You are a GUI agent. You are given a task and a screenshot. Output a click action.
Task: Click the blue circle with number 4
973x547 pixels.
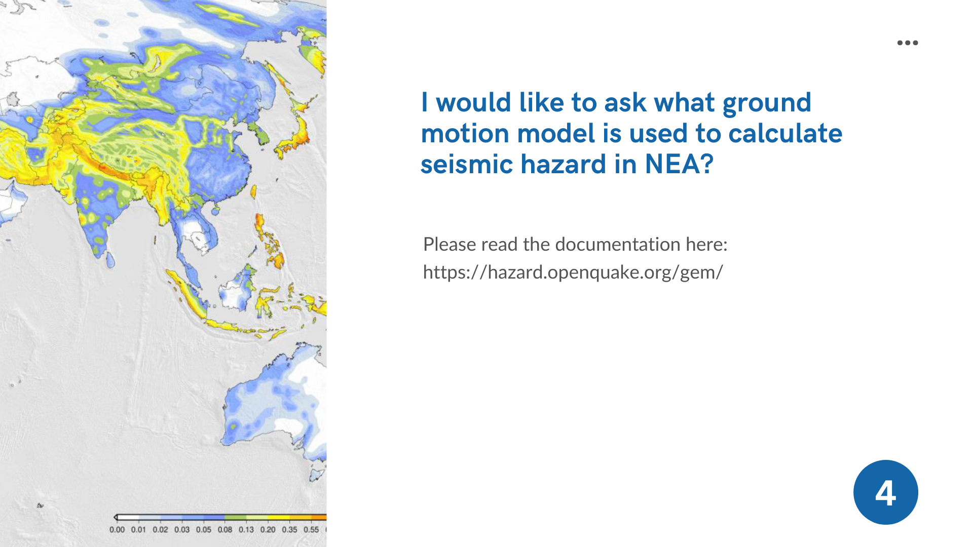pyautogui.click(x=885, y=492)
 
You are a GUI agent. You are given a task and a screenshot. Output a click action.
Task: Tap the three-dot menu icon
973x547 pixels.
pyautogui.click(x=907, y=43)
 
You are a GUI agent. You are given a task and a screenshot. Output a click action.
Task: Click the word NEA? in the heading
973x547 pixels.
pyautogui.click(x=679, y=164)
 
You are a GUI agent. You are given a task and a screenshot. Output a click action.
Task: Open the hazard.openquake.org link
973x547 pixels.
pyautogui.click(x=573, y=272)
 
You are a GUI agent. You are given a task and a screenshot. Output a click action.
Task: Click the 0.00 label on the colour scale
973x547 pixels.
pyautogui.click(x=117, y=530)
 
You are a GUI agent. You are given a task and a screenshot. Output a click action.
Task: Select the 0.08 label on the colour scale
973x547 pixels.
pyautogui.click(x=225, y=530)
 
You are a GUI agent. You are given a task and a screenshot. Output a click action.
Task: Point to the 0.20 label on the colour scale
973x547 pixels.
pyautogui.click(x=268, y=530)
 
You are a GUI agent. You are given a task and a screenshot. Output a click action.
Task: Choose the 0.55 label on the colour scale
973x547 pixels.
pyautogui.click(x=311, y=530)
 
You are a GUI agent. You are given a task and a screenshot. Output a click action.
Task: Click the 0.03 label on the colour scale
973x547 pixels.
pyautogui.click(x=182, y=530)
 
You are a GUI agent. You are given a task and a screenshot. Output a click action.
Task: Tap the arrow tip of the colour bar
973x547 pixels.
pyautogui.click(x=115, y=517)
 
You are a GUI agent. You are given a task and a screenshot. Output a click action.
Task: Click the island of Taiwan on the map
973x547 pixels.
pyautogui.click(x=253, y=192)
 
